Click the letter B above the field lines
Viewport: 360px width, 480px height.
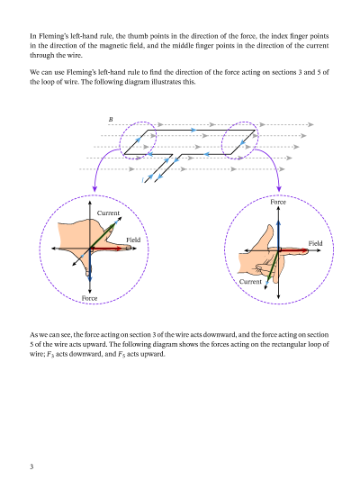click(x=111, y=120)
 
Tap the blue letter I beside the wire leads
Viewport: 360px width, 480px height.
click(x=142, y=180)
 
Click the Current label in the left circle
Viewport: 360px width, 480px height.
click(x=108, y=213)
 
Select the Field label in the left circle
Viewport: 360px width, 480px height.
click(x=133, y=240)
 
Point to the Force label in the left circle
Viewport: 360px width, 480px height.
click(x=89, y=298)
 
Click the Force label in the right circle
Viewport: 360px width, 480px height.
click(x=278, y=202)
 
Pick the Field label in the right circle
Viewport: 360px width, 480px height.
click(x=315, y=243)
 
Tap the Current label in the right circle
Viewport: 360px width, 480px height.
click(x=250, y=282)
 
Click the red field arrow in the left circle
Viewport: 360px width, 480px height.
click(x=106, y=249)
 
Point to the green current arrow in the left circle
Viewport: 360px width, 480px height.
click(x=103, y=236)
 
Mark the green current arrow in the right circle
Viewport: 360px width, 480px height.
click(x=273, y=266)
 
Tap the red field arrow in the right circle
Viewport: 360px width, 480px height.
click(x=293, y=250)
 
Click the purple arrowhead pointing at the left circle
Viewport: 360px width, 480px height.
click(x=94, y=188)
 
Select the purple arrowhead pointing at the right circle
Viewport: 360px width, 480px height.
click(x=279, y=188)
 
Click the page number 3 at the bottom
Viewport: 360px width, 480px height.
click(x=31, y=466)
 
